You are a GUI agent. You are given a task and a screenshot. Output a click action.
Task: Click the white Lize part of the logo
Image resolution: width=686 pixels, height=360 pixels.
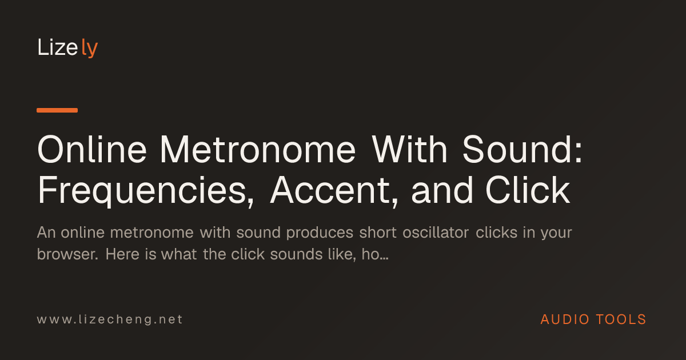click(x=58, y=47)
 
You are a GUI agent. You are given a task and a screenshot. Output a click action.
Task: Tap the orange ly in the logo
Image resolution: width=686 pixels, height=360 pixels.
click(x=90, y=48)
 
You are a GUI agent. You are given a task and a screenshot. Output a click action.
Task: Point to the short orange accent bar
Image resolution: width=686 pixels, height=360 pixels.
click(x=57, y=110)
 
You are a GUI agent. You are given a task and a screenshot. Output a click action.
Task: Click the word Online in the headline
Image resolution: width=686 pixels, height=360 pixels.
click(x=92, y=150)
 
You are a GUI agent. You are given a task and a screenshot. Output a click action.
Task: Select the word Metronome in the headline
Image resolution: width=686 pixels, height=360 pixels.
click(x=258, y=150)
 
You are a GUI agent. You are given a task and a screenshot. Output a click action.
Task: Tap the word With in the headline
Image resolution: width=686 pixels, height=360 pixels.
click(x=409, y=150)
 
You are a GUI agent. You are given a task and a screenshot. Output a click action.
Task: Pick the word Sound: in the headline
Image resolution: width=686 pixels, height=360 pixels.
click(x=522, y=150)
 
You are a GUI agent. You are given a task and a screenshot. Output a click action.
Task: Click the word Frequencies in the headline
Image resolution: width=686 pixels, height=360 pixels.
click(x=146, y=190)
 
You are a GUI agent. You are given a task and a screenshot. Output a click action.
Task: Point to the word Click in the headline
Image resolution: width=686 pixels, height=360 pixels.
click(x=528, y=190)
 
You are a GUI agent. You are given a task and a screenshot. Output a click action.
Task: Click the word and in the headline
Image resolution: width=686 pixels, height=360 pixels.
click(x=442, y=190)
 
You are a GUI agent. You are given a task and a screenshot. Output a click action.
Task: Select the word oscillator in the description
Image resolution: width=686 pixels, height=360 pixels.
click(x=436, y=233)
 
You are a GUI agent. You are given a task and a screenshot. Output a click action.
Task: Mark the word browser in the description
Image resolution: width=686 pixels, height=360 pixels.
click(x=67, y=254)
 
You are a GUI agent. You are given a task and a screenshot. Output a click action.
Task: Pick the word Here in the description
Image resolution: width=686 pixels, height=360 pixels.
click(x=122, y=254)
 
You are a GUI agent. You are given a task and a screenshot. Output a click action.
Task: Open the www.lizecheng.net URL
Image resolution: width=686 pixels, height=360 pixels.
click(x=110, y=319)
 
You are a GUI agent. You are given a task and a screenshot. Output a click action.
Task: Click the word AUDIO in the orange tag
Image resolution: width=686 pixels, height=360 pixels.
click(x=565, y=319)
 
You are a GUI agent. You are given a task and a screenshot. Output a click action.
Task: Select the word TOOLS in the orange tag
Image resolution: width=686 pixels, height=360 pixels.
click(x=621, y=319)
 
